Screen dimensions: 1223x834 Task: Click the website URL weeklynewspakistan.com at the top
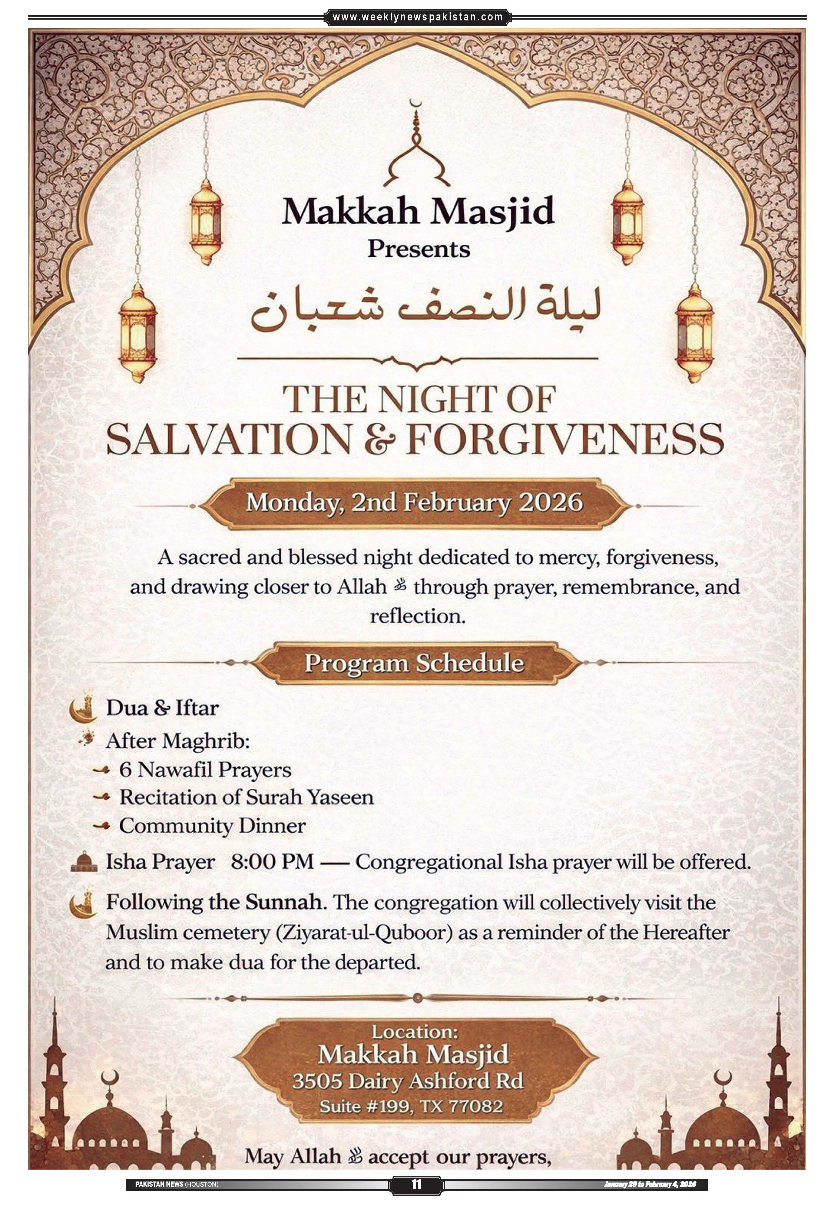pyautogui.click(x=418, y=17)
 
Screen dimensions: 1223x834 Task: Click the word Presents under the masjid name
pyautogui.click(x=418, y=249)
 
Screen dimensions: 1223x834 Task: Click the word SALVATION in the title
pyautogui.click(x=228, y=441)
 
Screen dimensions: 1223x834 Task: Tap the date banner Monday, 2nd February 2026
pyautogui.click(x=415, y=503)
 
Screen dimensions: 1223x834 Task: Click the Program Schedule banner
pyautogui.click(x=415, y=663)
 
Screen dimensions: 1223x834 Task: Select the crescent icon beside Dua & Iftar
pyautogui.click(x=83, y=709)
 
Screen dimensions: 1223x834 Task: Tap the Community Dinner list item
pyautogui.click(x=212, y=825)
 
